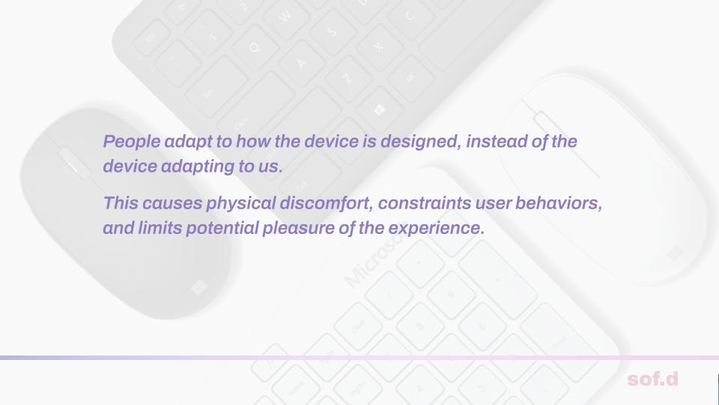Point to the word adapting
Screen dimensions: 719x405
pyautogui.click(x=198, y=166)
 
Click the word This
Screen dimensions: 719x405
pyautogui.click(x=121, y=203)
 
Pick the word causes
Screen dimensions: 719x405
pyautogui.click(x=172, y=203)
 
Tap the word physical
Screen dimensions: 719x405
pyautogui.click(x=240, y=203)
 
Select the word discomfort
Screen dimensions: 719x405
pyautogui.click(x=326, y=203)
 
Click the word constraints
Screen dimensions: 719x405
pyautogui.click(x=425, y=203)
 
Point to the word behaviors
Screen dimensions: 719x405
pyautogui.click(x=559, y=203)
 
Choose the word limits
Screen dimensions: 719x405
pyautogui.click(x=160, y=228)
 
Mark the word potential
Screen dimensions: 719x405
pyautogui.click(x=222, y=228)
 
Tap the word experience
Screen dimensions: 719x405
pyautogui.click(x=436, y=228)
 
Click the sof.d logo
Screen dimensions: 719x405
pyautogui.click(x=652, y=379)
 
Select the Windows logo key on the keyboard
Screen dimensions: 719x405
pyautogui.click(x=379, y=109)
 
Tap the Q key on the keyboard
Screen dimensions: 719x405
pyautogui.click(x=255, y=46)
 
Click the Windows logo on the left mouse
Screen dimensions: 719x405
pyautogui.click(x=198, y=288)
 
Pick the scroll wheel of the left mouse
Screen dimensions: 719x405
pyautogui.click(x=74, y=163)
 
